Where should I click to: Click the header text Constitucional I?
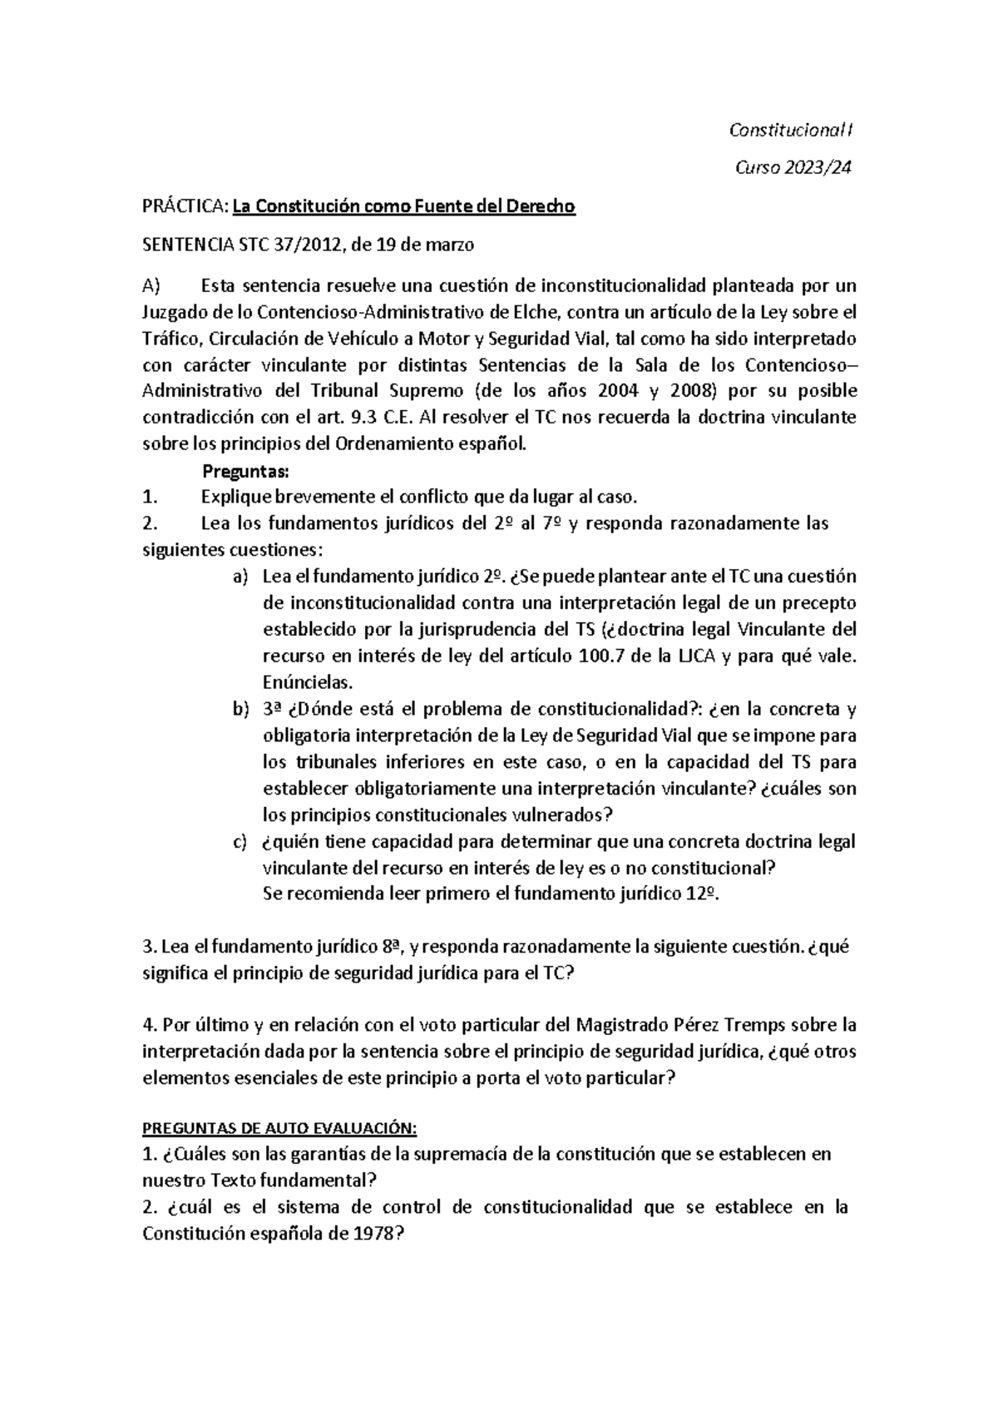click(790, 131)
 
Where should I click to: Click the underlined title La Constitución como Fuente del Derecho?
click(403, 206)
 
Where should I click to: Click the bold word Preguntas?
click(245, 472)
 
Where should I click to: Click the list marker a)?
click(240, 577)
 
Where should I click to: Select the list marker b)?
click(240, 709)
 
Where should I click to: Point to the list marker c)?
click(240, 842)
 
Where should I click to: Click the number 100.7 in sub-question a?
click(601, 656)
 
